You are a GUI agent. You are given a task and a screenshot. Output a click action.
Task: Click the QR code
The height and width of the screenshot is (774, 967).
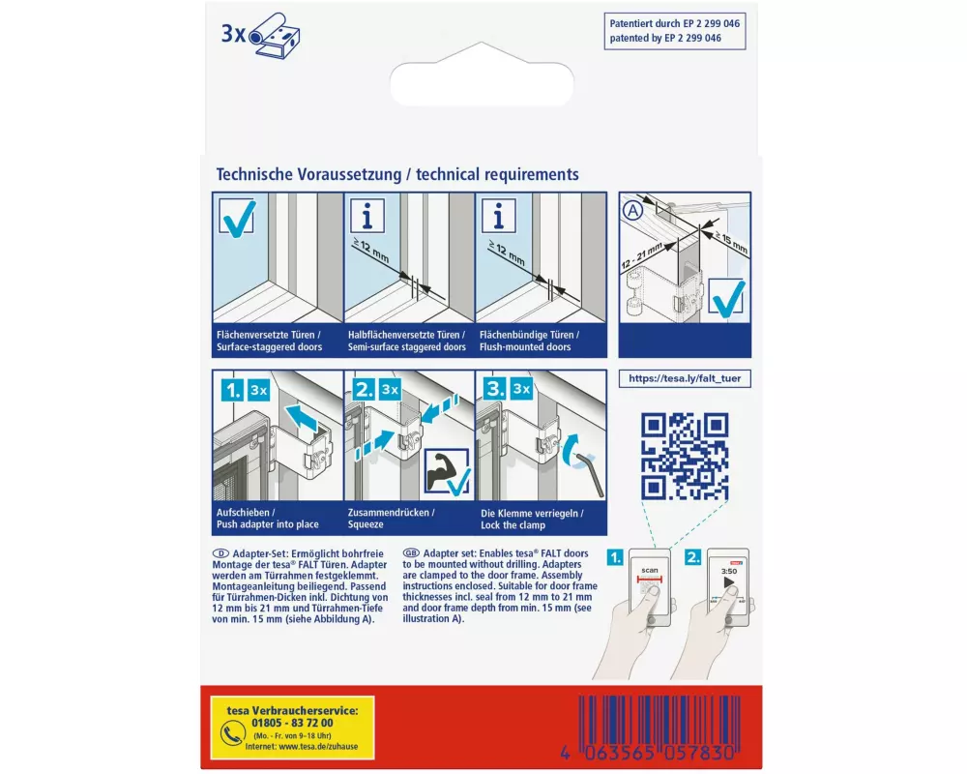(x=685, y=456)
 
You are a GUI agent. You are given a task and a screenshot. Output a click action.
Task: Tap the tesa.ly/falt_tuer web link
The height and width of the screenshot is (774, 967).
(x=685, y=378)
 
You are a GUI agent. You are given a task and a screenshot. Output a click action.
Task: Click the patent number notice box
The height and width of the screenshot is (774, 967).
(x=675, y=31)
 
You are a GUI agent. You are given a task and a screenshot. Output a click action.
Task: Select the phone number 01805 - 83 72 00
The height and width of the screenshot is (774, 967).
(x=292, y=723)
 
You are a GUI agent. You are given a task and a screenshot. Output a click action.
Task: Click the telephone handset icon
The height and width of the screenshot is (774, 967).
(x=232, y=734)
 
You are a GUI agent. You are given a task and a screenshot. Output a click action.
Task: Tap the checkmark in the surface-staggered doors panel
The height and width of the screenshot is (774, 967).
(x=238, y=218)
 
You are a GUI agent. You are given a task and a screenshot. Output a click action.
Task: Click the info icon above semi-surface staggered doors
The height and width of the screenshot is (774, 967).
(x=367, y=216)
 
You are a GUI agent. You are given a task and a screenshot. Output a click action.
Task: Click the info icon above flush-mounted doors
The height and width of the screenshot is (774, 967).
(x=499, y=216)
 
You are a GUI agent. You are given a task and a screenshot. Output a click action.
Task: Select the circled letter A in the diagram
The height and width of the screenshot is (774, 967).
(x=632, y=211)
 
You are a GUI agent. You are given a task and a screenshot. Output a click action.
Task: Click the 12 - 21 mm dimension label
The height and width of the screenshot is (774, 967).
(x=641, y=254)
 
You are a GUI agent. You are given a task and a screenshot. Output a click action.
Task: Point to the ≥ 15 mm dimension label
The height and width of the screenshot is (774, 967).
(x=731, y=242)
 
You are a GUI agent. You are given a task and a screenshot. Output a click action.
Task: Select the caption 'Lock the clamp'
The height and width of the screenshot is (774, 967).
(x=513, y=525)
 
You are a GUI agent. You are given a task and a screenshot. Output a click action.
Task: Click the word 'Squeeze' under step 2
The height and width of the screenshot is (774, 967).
(x=366, y=524)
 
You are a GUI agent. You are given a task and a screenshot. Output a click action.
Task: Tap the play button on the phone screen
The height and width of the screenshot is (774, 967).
(x=729, y=582)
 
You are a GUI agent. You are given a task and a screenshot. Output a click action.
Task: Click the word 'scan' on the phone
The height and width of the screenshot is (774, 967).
(x=650, y=570)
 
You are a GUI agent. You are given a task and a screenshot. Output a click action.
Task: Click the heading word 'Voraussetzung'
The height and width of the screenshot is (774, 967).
(x=349, y=175)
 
